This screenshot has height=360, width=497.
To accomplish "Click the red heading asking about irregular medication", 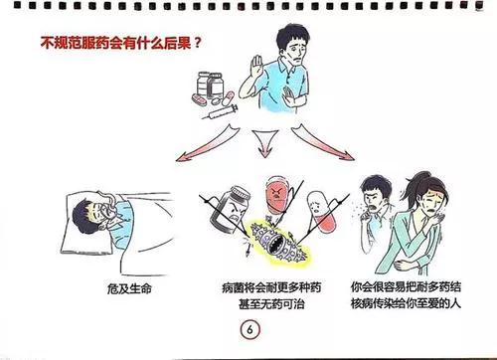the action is [121, 43].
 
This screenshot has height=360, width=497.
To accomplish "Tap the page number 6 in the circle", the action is [250, 330].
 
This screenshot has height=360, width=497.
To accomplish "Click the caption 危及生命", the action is [129, 288].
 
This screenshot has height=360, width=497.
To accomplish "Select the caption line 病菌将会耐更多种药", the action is [271, 287].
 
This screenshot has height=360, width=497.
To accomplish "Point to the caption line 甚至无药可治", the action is [271, 303].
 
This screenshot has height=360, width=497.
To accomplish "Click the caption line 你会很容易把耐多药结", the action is [406, 286].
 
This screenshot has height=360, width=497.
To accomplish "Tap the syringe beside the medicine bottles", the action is [220, 112].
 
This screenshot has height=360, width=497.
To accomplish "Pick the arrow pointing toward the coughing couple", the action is [323, 142].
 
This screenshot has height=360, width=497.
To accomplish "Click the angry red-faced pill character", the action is [277, 195].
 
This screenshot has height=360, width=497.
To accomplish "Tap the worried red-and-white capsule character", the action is [321, 211].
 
